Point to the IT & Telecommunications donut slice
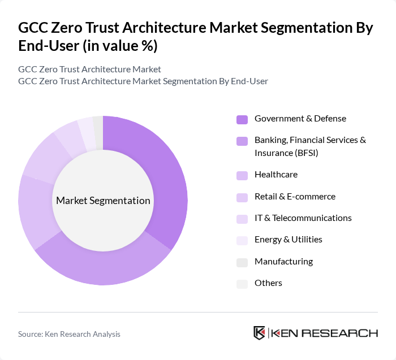pyautogui.click(x=68, y=136)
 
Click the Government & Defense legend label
pyautogui.click(x=300, y=119)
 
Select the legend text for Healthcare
pyautogui.click(x=276, y=175)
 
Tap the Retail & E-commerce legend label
pyautogui.click(x=295, y=197)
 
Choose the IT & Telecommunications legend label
pyautogui.click(x=303, y=218)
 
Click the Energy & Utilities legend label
pyautogui.click(x=288, y=240)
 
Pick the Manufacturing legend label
pyautogui.click(x=283, y=262)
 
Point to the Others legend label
pyautogui.click(x=268, y=283)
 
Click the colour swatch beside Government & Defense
pyautogui.click(x=242, y=119)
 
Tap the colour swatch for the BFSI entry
pyautogui.click(x=242, y=141)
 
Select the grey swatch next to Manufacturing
pyautogui.click(x=242, y=262)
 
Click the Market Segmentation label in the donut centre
pyautogui.click(x=103, y=201)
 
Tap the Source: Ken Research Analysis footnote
pyautogui.click(x=69, y=334)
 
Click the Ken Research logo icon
pyautogui.click(x=260, y=333)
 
